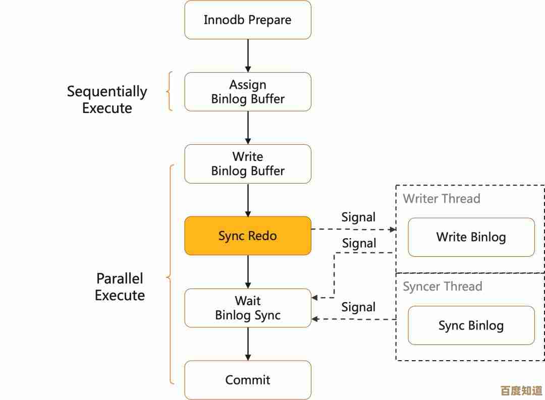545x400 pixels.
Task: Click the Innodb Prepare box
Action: [x=247, y=20]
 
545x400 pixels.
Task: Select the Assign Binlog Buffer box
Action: [x=247, y=92]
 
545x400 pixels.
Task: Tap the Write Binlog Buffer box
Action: [x=247, y=164]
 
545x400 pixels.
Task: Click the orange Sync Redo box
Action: [x=247, y=236]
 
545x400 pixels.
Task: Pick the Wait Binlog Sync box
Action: [x=247, y=308]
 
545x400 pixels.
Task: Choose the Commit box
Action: [x=247, y=380]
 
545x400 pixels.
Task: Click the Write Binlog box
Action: [x=471, y=237]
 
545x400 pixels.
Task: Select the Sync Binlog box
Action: [x=471, y=325]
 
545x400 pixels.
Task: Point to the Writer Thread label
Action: [x=442, y=199]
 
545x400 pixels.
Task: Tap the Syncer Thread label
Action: [x=443, y=287]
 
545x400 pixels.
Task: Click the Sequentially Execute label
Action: [x=107, y=99]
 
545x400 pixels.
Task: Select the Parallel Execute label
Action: [x=120, y=287]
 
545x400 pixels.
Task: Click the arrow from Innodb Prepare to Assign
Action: [x=248, y=55]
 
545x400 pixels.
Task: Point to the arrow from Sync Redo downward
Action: [x=248, y=272]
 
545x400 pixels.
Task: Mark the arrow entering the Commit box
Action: [x=248, y=344]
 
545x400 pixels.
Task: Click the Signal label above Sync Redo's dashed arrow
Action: [x=358, y=217]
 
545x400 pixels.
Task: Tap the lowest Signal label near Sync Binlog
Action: [x=358, y=307]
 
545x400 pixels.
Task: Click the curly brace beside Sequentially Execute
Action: [x=170, y=91]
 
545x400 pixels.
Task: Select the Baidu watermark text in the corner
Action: [x=521, y=390]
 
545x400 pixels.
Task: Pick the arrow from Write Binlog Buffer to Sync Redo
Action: [x=248, y=200]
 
